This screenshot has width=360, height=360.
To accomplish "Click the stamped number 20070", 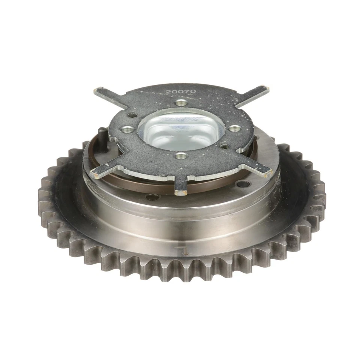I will [181, 91].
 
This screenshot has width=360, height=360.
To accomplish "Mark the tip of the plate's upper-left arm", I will [98, 91].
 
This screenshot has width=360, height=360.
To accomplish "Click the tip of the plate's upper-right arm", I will [265, 88].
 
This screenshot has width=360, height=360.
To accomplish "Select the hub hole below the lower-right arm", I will [243, 184].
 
